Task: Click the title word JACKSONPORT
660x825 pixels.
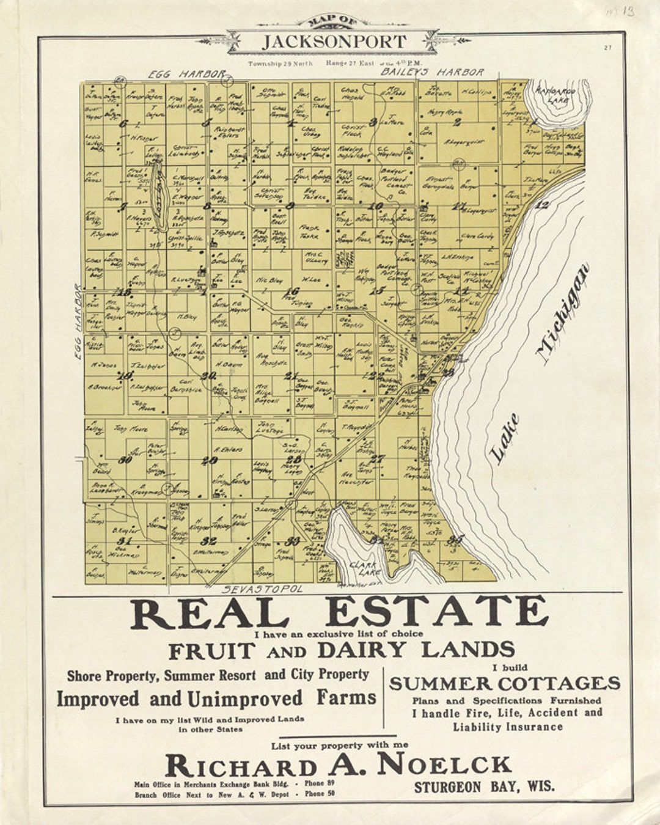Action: point(334,42)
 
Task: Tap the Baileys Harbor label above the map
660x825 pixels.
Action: point(433,72)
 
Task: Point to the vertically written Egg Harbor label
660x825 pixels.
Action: point(78,315)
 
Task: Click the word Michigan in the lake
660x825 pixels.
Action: point(563,313)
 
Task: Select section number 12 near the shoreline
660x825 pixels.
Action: point(541,205)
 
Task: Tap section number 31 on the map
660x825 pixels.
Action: point(125,541)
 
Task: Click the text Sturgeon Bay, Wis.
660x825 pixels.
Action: point(485,786)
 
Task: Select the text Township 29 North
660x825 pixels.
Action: point(280,64)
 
